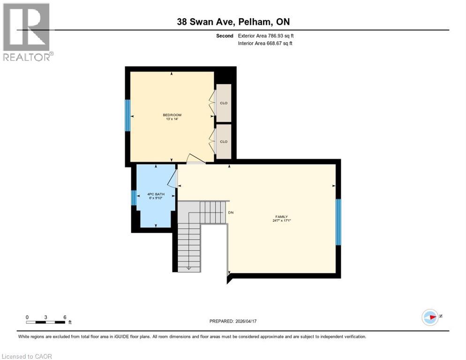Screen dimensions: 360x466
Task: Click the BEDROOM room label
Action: pyautogui.click(x=172, y=115)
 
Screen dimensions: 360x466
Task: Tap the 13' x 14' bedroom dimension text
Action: pyautogui.click(x=172, y=119)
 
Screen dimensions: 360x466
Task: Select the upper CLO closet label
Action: pyautogui.click(x=224, y=103)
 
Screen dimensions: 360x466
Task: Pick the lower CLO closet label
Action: pyautogui.click(x=224, y=142)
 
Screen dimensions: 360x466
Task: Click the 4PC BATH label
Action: pyautogui.click(x=155, y=194)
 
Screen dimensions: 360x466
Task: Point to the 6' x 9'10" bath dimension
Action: pyautogui.click(x=155, y=198)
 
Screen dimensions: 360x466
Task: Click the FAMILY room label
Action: pyautogui.click(x=281, y=217)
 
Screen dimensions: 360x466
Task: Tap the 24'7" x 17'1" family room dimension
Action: pyautogui.click(x=281, y=221)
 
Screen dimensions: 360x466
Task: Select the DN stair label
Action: pyautogui.click(x=231, y=213)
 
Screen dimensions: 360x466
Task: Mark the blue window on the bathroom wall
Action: pyautogui.click(x=134, y=198)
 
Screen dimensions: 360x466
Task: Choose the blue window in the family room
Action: pyautogui.click(x=338, y=222)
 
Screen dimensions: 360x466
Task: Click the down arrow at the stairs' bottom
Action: pyautogui.click(x=188, y=268)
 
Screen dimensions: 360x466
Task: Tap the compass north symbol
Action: pyautogui.click(x=430, y=317)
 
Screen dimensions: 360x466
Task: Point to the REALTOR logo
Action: pyautogui.click(x=27, y=32)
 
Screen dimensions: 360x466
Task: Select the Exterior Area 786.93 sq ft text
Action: pyautogui.click(x=266, y=36)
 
